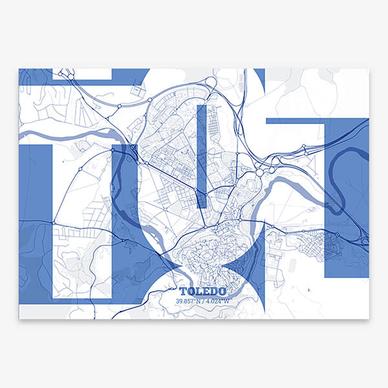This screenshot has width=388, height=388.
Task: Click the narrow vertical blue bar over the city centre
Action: tap(201, 155)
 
